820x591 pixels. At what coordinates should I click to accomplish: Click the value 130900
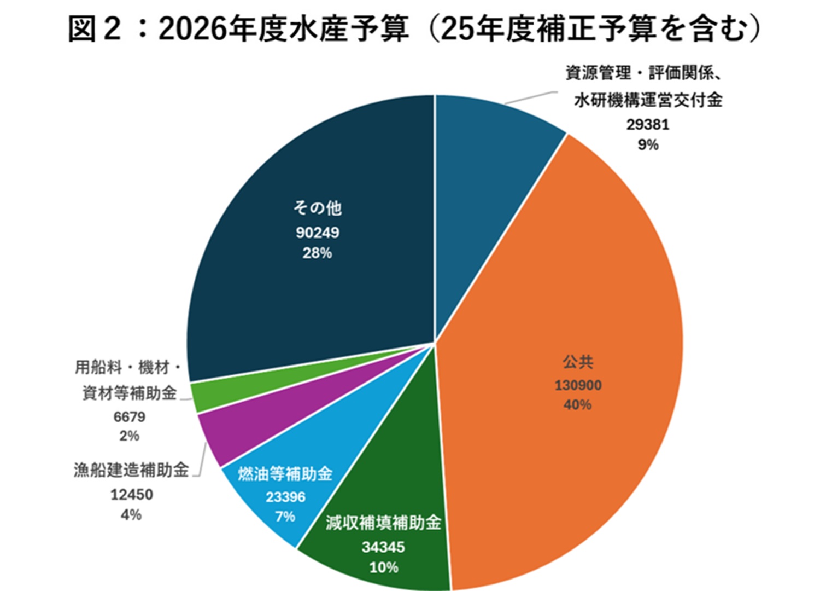578,385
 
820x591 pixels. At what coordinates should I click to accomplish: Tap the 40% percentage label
577,405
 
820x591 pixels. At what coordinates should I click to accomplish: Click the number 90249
318,233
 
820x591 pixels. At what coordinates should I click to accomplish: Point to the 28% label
317,253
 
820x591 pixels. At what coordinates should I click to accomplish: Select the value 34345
383,547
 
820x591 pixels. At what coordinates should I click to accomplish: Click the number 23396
285,497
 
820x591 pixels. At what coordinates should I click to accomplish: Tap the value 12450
132,495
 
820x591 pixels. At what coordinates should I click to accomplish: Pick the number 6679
130,417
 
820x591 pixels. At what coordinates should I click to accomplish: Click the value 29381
648,125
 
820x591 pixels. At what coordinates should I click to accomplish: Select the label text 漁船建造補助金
131,470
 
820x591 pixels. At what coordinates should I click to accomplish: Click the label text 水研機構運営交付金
648,100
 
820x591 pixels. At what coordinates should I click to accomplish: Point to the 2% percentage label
130,436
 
